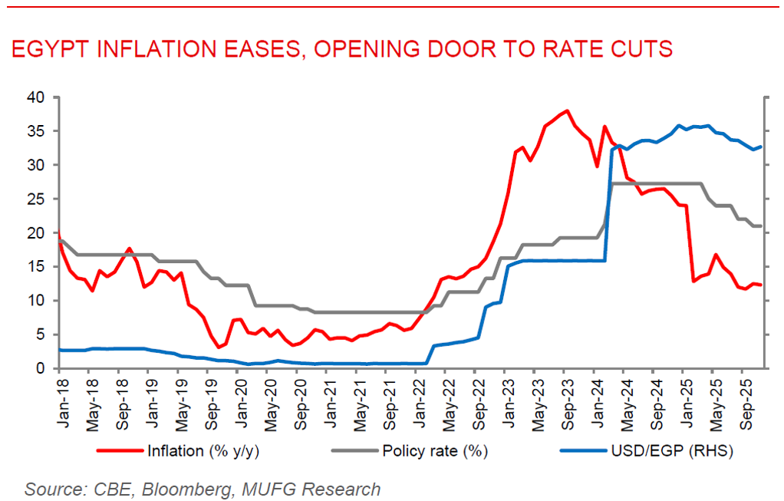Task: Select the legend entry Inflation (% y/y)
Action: point(202,451)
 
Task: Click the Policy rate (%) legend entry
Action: point(435,451)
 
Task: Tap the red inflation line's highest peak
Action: point(566,110)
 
